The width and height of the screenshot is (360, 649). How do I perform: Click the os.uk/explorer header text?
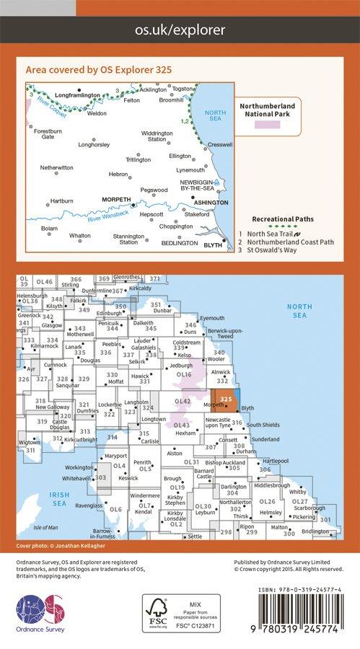click(180, 30)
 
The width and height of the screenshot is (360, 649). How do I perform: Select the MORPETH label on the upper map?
click(116, 199)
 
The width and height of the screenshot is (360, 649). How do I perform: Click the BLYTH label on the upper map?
click(213, 245)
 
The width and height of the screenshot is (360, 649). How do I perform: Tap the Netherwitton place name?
click(57, 167)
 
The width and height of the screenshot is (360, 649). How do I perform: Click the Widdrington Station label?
click(157, 136)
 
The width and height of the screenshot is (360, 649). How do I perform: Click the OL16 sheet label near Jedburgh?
click(184, 375)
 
